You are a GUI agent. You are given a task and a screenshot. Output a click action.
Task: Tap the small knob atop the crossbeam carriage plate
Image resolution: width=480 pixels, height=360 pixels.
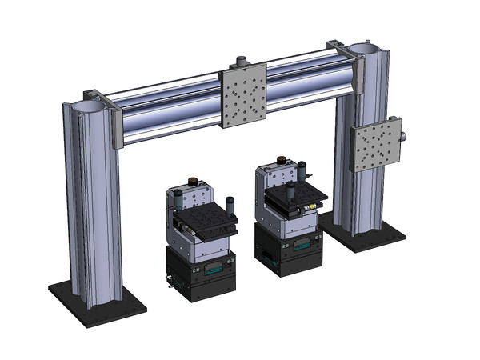pos(240,61)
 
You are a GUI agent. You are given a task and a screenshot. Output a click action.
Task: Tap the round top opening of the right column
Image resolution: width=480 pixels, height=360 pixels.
pos(362,49)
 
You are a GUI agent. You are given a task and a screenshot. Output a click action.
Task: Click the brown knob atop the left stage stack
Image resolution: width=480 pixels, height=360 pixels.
pos(192,182)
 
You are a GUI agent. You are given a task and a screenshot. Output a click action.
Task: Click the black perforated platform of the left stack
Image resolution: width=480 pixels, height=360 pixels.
pos(206,224)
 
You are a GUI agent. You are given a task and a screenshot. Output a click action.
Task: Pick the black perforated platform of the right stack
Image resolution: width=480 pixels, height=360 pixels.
pos(294,196)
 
